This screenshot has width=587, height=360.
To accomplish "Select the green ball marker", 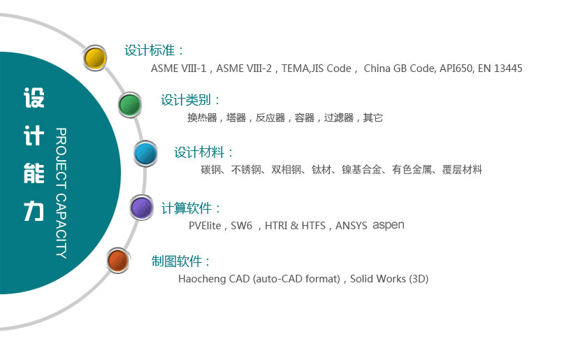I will click(x=129, y=105).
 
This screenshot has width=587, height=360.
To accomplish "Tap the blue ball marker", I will click(x=145, y=152).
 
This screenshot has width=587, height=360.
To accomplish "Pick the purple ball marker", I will click(x=142, y=207).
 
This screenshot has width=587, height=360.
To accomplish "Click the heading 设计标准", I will click(x=154, y=50).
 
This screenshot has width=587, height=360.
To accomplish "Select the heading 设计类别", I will click(x=190, y=100).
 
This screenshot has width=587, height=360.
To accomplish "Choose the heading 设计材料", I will click(x=203, y=152).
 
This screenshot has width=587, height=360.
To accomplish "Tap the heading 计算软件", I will click(x=191, y=208).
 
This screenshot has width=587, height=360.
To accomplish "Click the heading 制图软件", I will click(x=180, y=261).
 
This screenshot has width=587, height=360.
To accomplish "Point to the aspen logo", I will click(x=389, y=225).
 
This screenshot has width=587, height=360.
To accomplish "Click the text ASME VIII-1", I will click(x=180, y=69).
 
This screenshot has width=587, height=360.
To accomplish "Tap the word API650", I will click(x=456, y=69).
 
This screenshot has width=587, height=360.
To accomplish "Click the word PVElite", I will click(x=205, y=226).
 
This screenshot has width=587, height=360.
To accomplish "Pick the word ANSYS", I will click(x=352, y=226).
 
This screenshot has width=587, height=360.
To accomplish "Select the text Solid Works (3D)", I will click(x=389, y=279).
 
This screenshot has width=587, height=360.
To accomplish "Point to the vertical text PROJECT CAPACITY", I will click(x=61, y=193).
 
